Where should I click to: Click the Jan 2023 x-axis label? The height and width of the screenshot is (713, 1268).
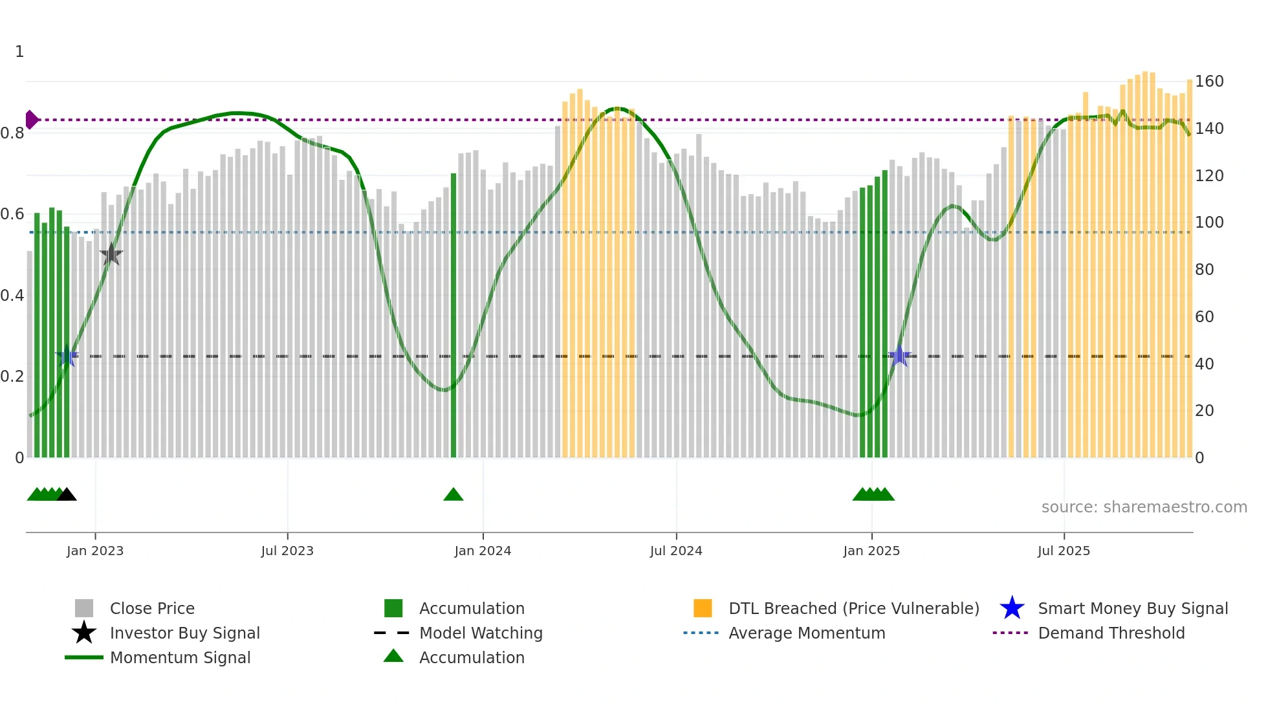95,551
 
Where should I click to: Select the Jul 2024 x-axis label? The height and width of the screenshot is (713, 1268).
676,551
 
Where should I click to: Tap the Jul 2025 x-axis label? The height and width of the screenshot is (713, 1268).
1064,551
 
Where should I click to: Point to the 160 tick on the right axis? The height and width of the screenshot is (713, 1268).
1209,82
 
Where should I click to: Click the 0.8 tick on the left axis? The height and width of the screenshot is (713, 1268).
12,133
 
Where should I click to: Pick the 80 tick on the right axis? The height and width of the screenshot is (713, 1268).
1205,270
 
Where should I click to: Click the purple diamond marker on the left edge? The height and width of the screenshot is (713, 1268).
31,120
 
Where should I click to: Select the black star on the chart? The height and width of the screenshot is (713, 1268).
111,254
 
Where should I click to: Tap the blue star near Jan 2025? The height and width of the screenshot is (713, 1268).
899,356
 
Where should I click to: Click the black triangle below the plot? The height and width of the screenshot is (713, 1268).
67,495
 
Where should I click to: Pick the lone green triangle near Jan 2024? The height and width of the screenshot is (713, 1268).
454,495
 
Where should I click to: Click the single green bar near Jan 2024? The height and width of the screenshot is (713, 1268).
454,316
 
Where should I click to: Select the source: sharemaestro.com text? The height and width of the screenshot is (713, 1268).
1144,507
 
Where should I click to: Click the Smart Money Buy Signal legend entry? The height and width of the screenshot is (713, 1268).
1132,608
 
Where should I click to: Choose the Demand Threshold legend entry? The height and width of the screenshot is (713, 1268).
1111,633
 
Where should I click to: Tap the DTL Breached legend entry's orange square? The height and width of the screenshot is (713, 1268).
703,608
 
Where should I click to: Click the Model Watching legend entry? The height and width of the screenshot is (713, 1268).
480,633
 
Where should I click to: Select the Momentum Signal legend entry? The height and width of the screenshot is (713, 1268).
180,657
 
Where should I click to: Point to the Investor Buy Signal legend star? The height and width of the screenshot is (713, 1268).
84,633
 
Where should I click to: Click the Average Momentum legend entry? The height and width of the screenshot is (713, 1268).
806,633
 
